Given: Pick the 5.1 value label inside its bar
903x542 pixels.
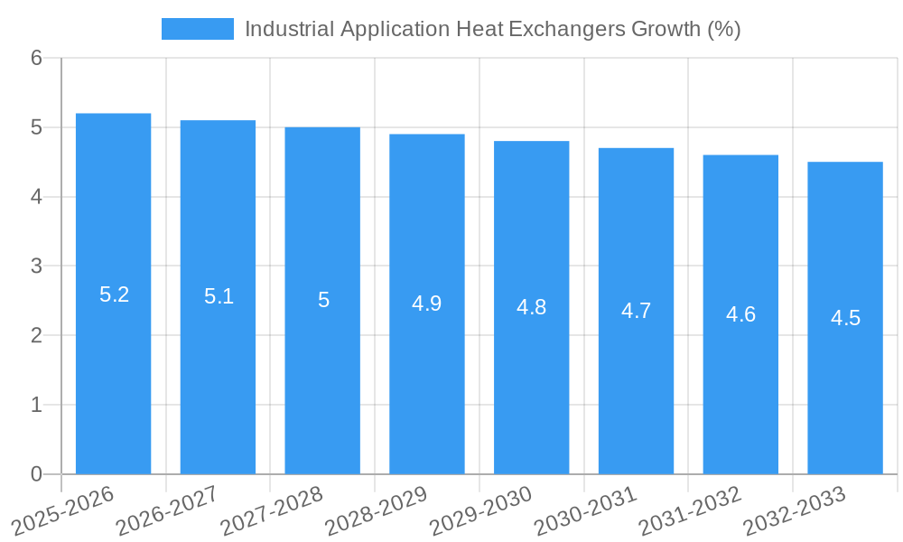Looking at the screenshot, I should [219, 296].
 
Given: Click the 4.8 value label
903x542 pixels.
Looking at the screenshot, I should [531, 307].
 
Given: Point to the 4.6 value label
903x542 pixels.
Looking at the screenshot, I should [740, 314].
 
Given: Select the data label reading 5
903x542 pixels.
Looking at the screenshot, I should [323, 300].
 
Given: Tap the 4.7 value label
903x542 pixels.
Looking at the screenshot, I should [636, 311].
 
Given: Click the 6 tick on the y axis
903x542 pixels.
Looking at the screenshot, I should [36, 58].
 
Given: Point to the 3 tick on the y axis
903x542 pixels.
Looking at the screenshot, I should [36, 266].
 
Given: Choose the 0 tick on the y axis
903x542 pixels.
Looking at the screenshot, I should [36, 474].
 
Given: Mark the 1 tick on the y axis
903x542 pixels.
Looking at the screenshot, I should [36, 405].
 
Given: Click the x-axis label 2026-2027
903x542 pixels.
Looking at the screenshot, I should [167, 509].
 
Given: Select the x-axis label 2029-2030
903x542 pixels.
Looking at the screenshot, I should [480, 509].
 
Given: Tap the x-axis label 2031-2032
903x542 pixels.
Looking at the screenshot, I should [690, 509].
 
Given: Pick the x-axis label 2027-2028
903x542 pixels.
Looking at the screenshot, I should [272, 509].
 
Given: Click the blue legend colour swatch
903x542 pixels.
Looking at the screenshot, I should [197, 29].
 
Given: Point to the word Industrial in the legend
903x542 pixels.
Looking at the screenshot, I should [289, 29].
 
